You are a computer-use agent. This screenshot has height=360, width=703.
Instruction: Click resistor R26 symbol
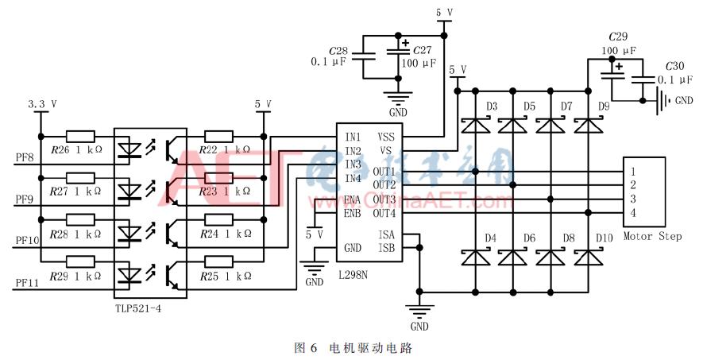[x=80, y=136]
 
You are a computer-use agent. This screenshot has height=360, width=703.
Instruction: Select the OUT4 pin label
[x=384, y=212]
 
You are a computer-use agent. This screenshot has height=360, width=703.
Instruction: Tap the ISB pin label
[x=385, y=248]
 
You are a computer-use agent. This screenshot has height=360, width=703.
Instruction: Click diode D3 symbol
[x=475, y=125]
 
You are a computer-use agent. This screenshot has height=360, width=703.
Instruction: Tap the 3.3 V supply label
[x=41, y=104]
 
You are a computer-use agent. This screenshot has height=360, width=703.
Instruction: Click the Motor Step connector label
[x=651, y=236]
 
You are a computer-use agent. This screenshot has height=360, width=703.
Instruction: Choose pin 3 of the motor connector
[x=632, y=198]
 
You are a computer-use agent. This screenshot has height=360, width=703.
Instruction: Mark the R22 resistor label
[x=208, y=150]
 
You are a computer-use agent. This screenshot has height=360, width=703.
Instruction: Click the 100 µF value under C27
[x=419, y=63]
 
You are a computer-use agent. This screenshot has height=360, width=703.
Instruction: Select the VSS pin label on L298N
[x=385, y=137]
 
